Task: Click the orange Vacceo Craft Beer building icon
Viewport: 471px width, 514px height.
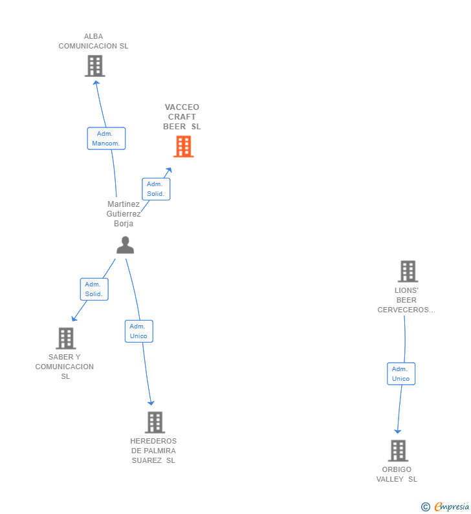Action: [x=183, y=147]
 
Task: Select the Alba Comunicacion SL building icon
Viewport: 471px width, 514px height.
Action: [x=95, y=66]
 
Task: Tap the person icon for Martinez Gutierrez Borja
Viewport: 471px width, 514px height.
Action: [x=126, y=245]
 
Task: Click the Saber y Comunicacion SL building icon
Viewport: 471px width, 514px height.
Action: [x=66, y=338]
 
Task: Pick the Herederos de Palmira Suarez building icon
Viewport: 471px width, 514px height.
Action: [x=155, y=423]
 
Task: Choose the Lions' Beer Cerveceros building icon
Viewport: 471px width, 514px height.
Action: [x=408, y=272]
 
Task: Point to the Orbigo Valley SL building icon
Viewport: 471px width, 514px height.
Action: [x=398, y=451]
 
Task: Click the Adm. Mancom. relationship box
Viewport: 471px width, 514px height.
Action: [x=106, y=138]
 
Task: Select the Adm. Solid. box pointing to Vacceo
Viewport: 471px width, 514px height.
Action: [x=156, y=189]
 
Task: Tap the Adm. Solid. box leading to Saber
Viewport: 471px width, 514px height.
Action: [x=94, y=289]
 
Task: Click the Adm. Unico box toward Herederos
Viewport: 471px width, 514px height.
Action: [x=138, y=331]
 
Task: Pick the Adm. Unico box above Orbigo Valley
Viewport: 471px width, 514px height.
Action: [x=401, y=374]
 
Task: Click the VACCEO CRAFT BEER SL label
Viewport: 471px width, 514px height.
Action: [x=182, y=116]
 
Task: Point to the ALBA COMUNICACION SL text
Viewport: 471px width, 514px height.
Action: [x=93, y=41]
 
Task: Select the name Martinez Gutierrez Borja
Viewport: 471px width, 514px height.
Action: [x=124, y=214]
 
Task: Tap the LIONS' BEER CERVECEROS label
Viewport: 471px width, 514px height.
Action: [x=406, y=300]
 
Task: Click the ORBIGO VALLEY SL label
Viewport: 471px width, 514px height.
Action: [x=397, y=475]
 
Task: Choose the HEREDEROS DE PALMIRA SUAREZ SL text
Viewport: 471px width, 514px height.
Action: [x=153, y=451]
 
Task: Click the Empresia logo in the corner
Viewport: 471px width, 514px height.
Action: [x=445, y=507]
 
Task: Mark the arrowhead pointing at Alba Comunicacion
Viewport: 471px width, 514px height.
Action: [x=96, y=83]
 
